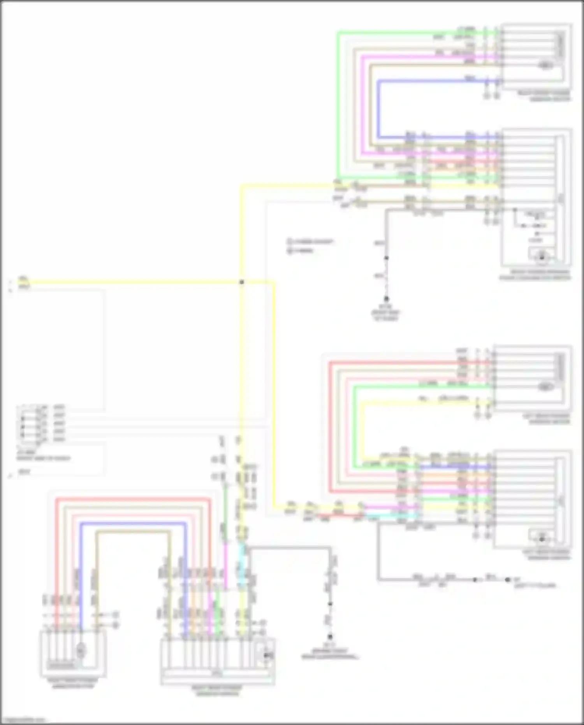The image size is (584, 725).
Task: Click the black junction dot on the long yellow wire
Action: click(241, 282)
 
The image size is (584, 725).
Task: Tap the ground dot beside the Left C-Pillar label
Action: click(507, 580)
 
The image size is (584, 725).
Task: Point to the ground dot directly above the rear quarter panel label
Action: click(330, 637)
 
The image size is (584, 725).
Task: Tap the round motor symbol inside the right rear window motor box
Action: click(81, 650)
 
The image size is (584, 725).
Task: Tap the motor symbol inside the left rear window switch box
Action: click(542, 539)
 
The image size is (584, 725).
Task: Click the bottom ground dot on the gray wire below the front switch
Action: click(386, 299)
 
